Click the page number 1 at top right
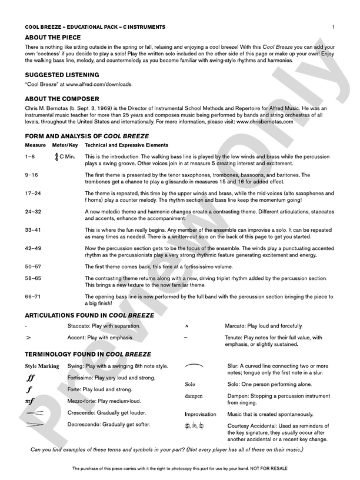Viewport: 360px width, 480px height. click(333, 27)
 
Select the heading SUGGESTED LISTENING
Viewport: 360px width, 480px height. click(62, 75)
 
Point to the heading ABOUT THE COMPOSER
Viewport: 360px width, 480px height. click(62, 99)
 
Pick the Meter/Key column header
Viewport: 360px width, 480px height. click(65, 145)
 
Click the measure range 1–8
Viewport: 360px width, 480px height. click(30, 157)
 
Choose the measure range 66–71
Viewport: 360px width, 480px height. click(33, 296)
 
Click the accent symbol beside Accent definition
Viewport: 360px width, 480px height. click(28, 338)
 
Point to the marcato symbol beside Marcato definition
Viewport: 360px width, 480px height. click(186, 326)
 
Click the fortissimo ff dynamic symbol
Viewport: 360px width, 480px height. click(31, 378)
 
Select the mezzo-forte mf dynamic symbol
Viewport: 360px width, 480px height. click(30, 402)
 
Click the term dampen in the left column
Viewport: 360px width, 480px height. click(194, 396)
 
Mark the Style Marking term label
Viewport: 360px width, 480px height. click(42, 366)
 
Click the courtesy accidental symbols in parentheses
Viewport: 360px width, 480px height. click(194, 426)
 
